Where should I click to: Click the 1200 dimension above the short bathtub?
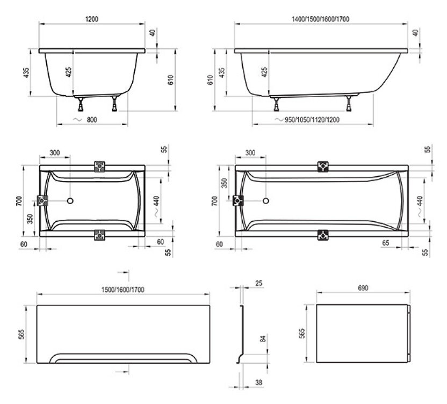[91, 19]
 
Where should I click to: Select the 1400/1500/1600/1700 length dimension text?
[321, 19]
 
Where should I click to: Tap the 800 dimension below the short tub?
[92, 120]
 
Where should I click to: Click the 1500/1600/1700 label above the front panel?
[124, 290]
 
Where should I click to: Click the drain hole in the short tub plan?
[69, 202]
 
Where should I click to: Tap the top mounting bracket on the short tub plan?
[100, 167]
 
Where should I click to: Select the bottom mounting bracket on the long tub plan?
[322, 235]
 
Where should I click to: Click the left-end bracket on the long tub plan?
[237, 202]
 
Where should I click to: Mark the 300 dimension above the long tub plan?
[250, 153]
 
